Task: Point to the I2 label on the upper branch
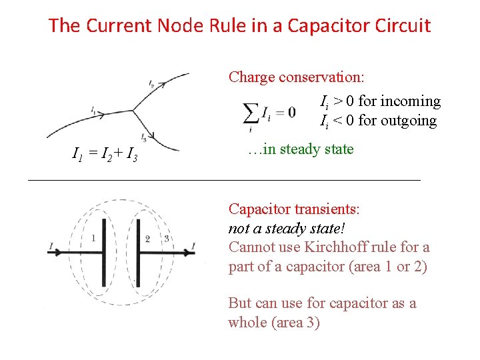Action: pos(152,83)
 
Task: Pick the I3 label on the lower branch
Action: pos(144,137)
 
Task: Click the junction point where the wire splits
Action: pos(135,110)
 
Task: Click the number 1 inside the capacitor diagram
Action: pos(93,238)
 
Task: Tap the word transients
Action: pos(327,209)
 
